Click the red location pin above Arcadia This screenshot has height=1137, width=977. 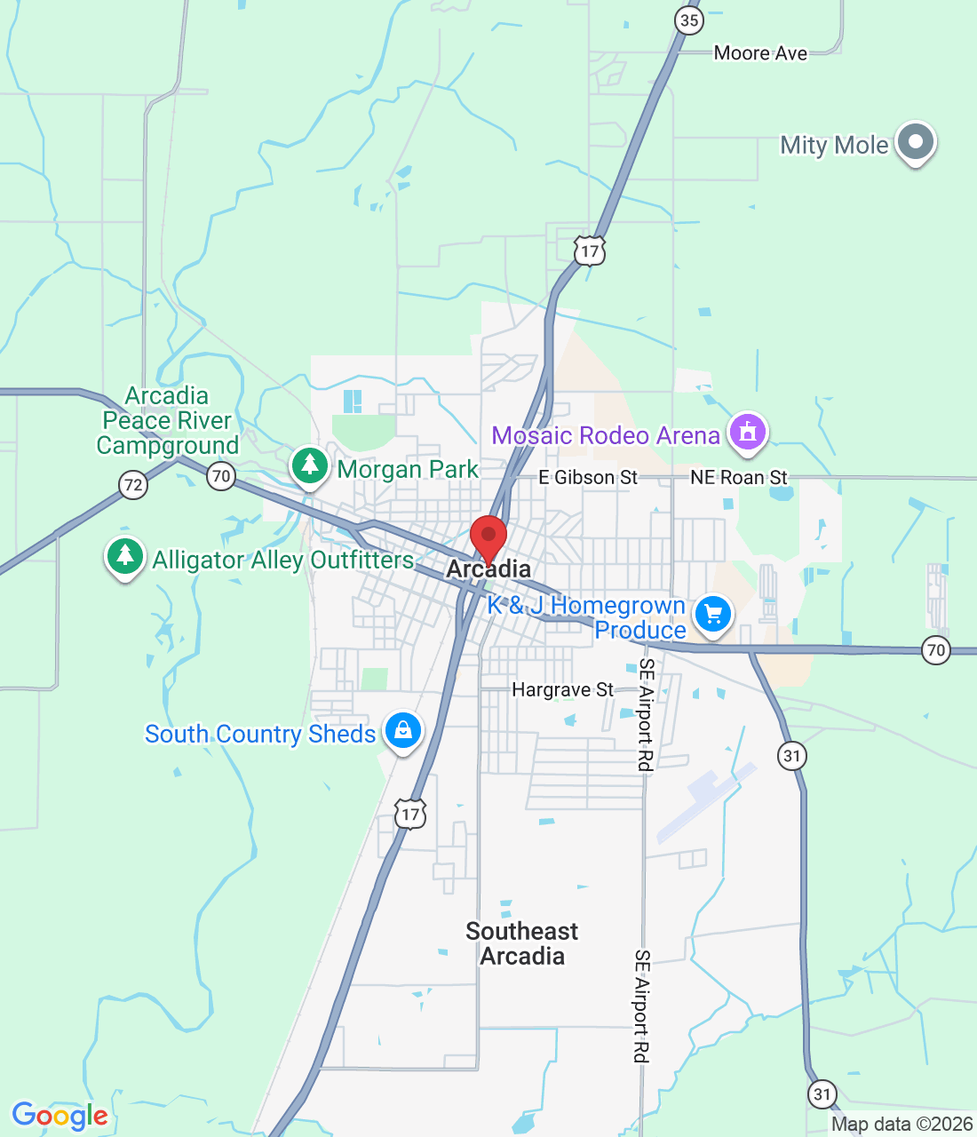pyautogui.click(x=488, y=537)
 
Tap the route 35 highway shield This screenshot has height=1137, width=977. pyautogui.click(x=688, y=20)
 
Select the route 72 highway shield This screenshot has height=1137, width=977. pyautogui.click(x=133, y=485)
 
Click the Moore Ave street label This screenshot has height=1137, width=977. pyautogui.click(x=760, y=53)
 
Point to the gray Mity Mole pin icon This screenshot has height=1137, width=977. pyautogui.click(x=916, y=142)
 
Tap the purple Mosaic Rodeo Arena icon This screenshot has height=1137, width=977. pyautogui.click(x=748, y=433)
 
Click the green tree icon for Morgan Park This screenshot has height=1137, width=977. pyautogui.click(x=310, y=465)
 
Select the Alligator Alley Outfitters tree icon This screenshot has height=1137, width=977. pyautogui.click(x=125, y=557)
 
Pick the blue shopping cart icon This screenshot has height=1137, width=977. pyautogui.click(x=712, y=614)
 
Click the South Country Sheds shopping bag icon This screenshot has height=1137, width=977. pyautogui.click(x=403, y=731)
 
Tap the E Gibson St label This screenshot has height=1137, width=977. pyautogui.click(x=588, y=478)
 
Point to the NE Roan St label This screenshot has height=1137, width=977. pyautogui.click(x=739, y=478)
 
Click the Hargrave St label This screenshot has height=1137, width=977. pyautogui.click(x=562, y=690)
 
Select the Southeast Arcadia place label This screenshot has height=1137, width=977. pyautogui.click(x=522, y=943)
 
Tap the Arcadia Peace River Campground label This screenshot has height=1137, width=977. pyautogui.click(x=168, y=420)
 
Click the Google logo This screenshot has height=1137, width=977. pyautogui.click(x=60, y=1116)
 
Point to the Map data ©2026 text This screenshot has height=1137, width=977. pyautogui.click(x=902, y=1125)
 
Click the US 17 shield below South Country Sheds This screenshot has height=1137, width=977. pyautogui.click(x=410, y=814)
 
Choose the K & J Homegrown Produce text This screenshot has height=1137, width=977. pyautogui.click(x=587, y=617)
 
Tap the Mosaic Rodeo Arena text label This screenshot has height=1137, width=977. pyautogui.click(x=606, y=435)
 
